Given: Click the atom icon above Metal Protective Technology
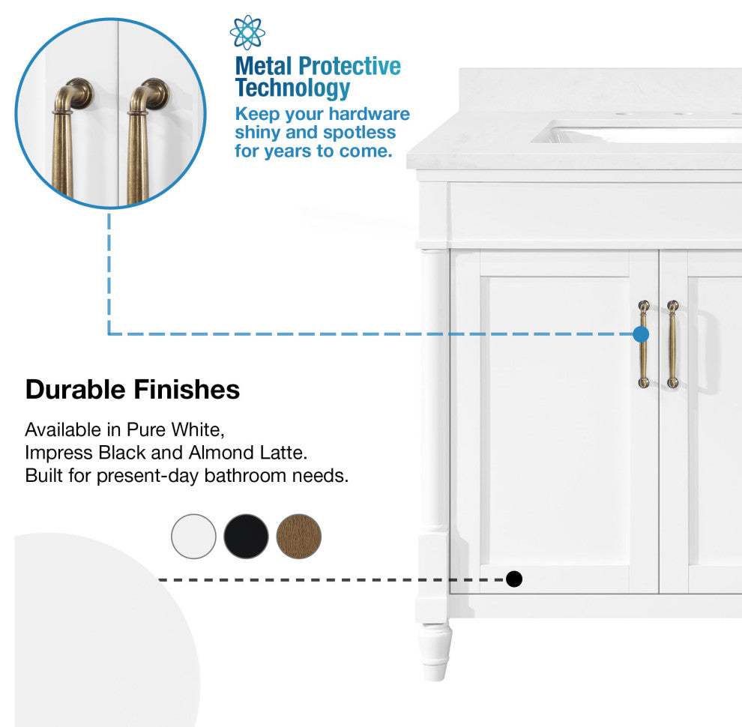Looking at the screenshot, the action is click(x=247, y=32).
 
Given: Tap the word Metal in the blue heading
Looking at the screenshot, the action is click(x=263, y=66).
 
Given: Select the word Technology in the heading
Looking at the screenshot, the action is click(x=292, y=88).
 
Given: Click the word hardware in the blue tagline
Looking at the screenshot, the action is click(x=369, y=114).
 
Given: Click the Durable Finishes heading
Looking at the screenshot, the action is click(x=133, y=390).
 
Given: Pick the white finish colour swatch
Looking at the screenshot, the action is click(x=193, y=537).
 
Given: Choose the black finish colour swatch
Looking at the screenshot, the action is click(x=246, y=537).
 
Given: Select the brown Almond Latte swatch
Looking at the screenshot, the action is click(x=298, y=537).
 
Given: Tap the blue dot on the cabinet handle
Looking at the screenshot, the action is click(x=641, y=334).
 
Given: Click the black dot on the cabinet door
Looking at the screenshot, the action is click(x=514, y=579).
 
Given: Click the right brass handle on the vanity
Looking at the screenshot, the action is click(x=672, y=344).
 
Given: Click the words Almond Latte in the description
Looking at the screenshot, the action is click(x=248, y=453).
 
